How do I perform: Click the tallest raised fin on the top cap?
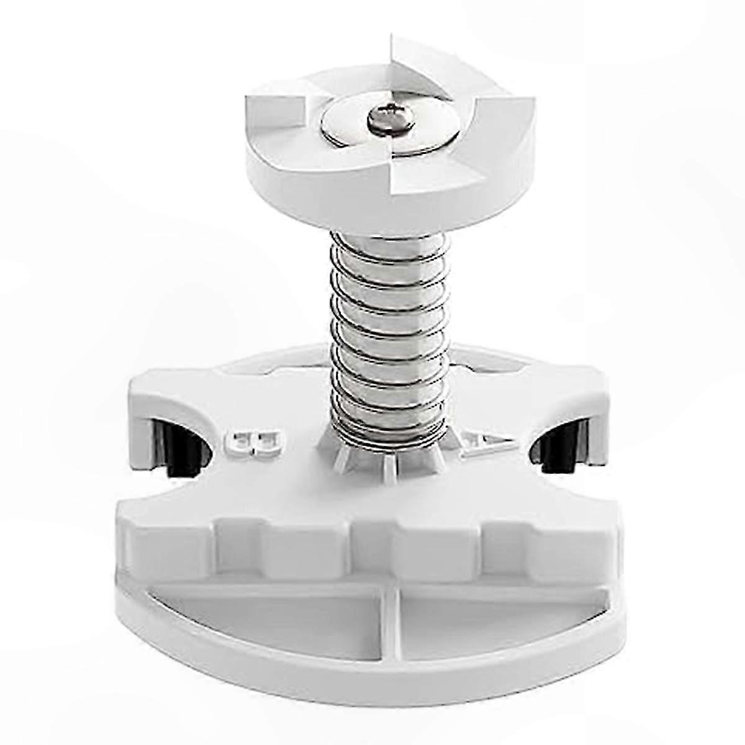pos(413,68)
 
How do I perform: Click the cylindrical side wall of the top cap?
pos(310,192)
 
